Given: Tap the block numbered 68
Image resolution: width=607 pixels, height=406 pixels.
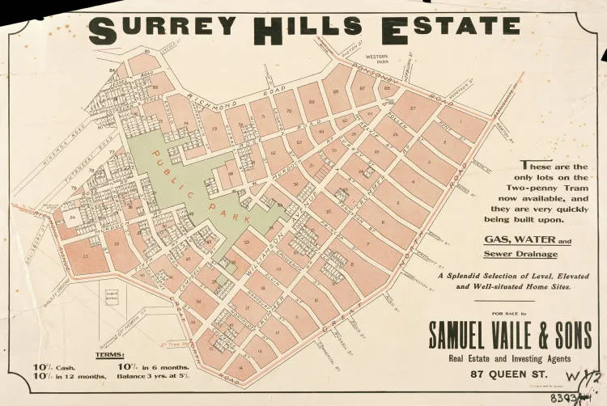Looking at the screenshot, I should tap(335, 91).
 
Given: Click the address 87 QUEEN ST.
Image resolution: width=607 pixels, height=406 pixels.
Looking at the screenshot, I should tap(508, 374).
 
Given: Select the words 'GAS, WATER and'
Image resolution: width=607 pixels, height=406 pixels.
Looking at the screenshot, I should tap(527, 240).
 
